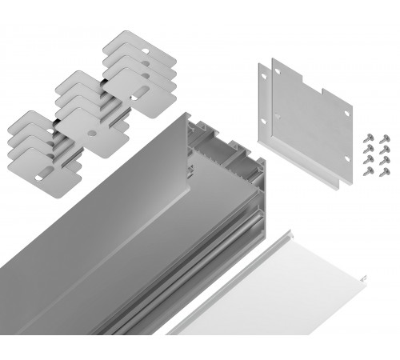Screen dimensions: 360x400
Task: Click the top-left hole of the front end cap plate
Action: click(278, 71)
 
